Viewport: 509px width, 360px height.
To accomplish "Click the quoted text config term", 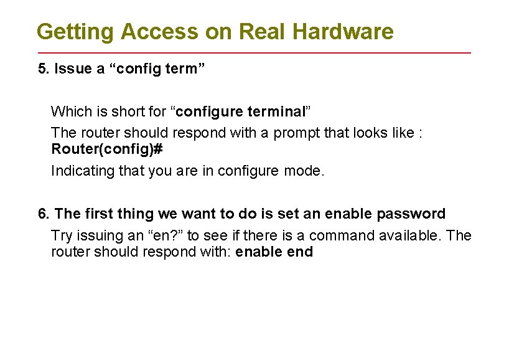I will pos(152,69).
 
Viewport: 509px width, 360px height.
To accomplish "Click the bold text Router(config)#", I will pos(107,149).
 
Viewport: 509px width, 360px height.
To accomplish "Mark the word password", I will pos(411,214).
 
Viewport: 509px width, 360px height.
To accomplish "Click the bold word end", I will pos(301,252).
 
